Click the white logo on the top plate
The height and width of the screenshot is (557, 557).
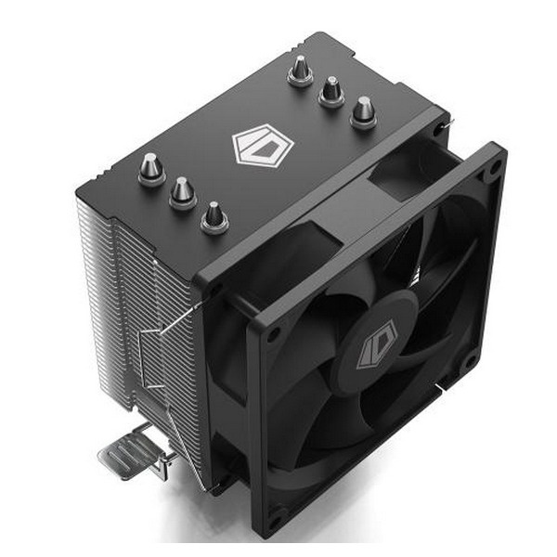pos(262,146)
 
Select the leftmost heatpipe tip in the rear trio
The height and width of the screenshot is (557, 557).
pos(300,70)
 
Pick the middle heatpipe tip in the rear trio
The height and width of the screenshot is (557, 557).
pos(331,90)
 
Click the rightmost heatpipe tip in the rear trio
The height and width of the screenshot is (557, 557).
pos(363,111)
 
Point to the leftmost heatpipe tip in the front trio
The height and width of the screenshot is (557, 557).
pos(150,168)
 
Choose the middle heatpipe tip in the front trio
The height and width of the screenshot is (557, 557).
pos(182,192)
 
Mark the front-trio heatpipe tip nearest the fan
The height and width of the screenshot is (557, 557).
pos(214,217)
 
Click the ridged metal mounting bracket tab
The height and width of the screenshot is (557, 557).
pos(125,455)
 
